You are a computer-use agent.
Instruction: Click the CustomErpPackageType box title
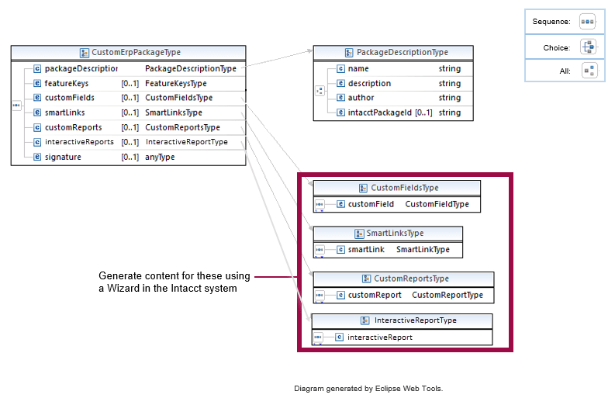pos(136,53)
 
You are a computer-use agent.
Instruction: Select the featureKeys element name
pos(66,83)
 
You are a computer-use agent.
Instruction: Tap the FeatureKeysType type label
pos(175,83)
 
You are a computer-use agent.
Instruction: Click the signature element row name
pos(63,157)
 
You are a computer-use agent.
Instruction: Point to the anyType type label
pos(160,157)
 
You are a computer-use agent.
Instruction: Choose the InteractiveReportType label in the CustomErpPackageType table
pos(186,142)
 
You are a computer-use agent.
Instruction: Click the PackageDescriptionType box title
pos(402,53)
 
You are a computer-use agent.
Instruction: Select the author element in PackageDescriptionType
pos(361,98)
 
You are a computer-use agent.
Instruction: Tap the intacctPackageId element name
pos(380,112)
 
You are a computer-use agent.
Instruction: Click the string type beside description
pos(449,83)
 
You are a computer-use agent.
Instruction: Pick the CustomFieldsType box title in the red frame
pos(404,188)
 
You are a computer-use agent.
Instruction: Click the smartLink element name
pos(366,249)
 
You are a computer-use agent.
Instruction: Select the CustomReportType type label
pos(447,295)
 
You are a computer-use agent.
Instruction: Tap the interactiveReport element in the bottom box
pos(379,337)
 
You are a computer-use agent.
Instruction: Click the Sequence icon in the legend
pos(588,22)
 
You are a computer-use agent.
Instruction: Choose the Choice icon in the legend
pos(588,47)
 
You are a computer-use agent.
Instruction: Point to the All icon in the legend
pos(589,71)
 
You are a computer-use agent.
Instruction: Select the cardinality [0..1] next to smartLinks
pos(130,112)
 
